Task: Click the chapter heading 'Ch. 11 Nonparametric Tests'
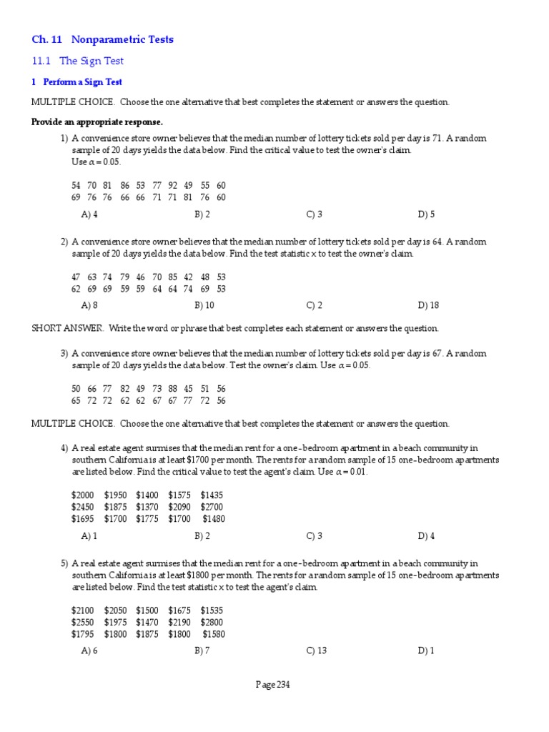point(102,39)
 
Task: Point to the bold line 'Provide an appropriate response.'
point(97,122)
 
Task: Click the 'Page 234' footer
point(273,685)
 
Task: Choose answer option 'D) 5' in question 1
point(426,214)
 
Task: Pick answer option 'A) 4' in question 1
point(89,214)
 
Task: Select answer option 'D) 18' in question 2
point(428,305)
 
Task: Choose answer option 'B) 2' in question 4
point(202,535)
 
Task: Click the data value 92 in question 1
point(173,185)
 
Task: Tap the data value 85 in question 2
point(173,277)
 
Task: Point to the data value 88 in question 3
point(173,388)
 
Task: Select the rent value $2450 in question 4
point(82,507)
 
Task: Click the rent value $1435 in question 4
point(212,495)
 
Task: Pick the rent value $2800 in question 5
point(212,622)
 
